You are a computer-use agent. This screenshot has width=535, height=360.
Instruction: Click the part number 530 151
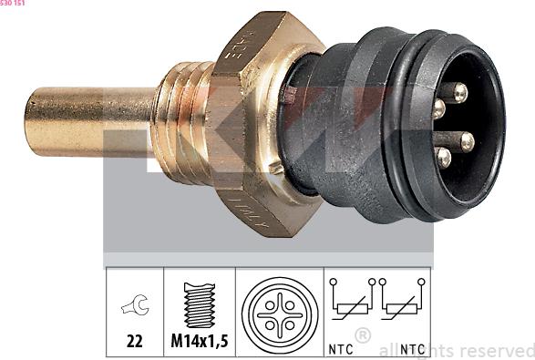[13, 4]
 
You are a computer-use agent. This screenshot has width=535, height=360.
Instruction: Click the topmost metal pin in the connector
[458, 92]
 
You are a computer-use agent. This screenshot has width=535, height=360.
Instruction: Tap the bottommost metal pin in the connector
[444, 158]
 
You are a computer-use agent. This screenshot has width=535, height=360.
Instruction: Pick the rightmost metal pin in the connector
[467, 140]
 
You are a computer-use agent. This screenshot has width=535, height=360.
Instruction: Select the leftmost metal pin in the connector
[438, 109]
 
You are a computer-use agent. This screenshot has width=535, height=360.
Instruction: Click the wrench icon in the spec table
[134, 307]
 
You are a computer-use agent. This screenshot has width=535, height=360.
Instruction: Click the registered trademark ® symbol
[363, 335]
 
